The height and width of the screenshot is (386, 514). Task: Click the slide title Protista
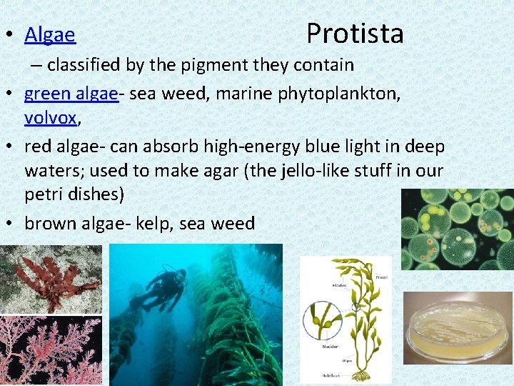click(355, 34)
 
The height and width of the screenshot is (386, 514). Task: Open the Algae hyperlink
click(50, 34)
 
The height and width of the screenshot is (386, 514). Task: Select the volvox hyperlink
click(50, 117)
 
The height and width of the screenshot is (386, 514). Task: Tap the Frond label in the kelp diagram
click(382, 276)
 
